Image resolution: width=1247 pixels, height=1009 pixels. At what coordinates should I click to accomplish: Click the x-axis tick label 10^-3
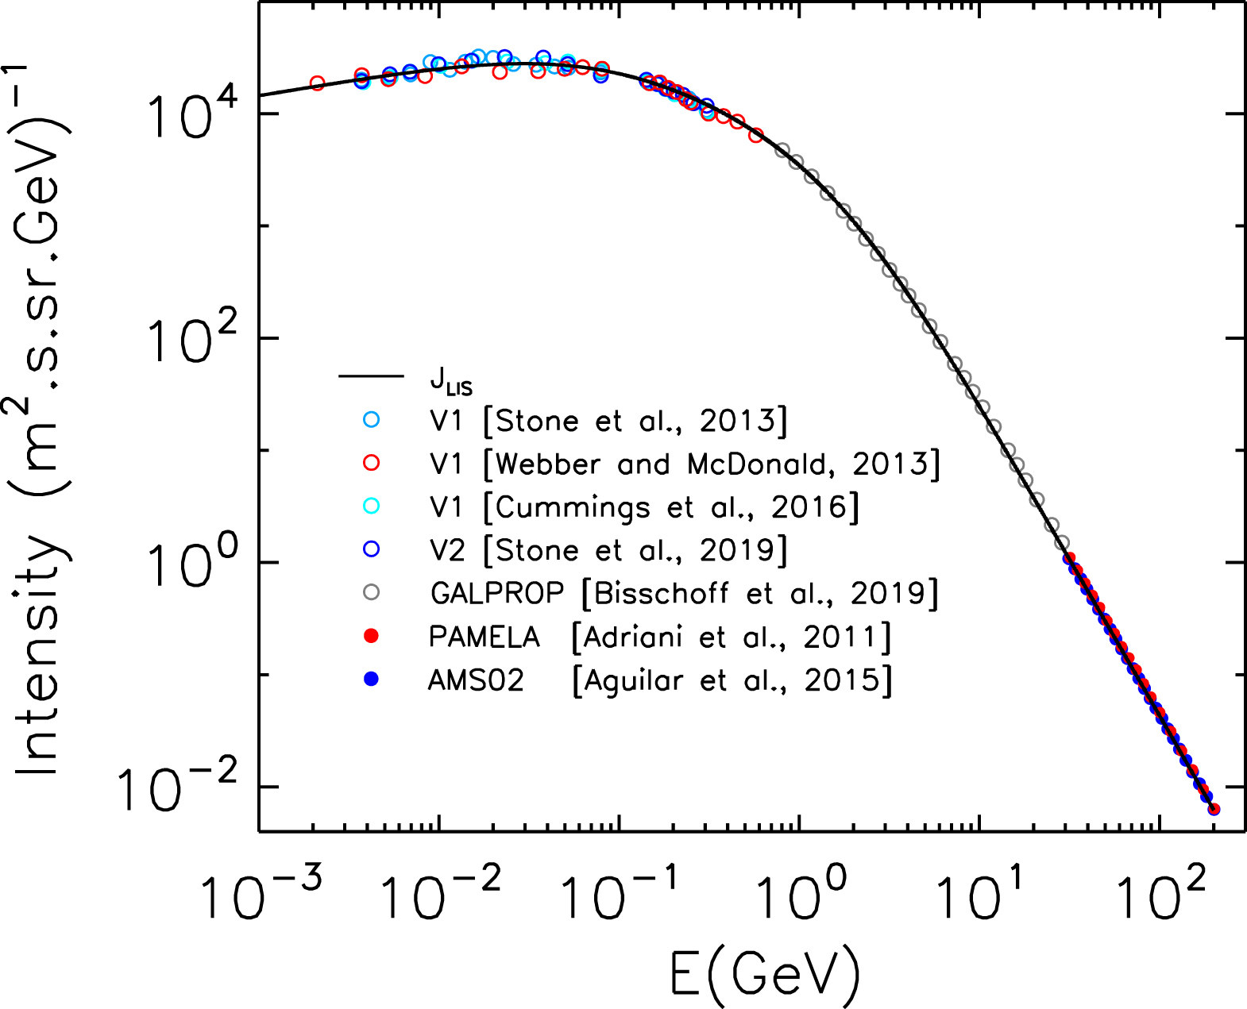[x=259, y=894]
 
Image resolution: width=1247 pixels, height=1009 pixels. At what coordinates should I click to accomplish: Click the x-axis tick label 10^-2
[x=439, y=894]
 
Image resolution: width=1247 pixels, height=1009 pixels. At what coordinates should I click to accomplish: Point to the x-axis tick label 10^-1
[x=619, y=894]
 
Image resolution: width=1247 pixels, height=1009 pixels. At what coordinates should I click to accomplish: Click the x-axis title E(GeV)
[x=765, y=973]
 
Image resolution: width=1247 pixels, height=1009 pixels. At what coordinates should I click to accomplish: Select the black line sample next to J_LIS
[x=371, y=375]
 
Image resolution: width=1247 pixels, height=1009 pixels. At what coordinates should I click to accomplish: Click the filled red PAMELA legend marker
[x=371, y=637]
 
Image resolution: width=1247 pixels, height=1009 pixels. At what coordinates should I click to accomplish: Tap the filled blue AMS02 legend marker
[x=371, y=680]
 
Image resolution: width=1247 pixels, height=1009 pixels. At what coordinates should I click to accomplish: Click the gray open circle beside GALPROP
[x=371, y=593]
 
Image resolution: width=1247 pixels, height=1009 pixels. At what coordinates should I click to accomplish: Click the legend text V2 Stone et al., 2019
[x=608, y=550]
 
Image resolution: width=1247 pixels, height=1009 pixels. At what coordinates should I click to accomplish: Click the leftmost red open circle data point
[x=317, y=83]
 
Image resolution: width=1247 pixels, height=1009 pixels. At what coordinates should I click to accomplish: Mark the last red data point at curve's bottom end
[x=1214, y=809]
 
